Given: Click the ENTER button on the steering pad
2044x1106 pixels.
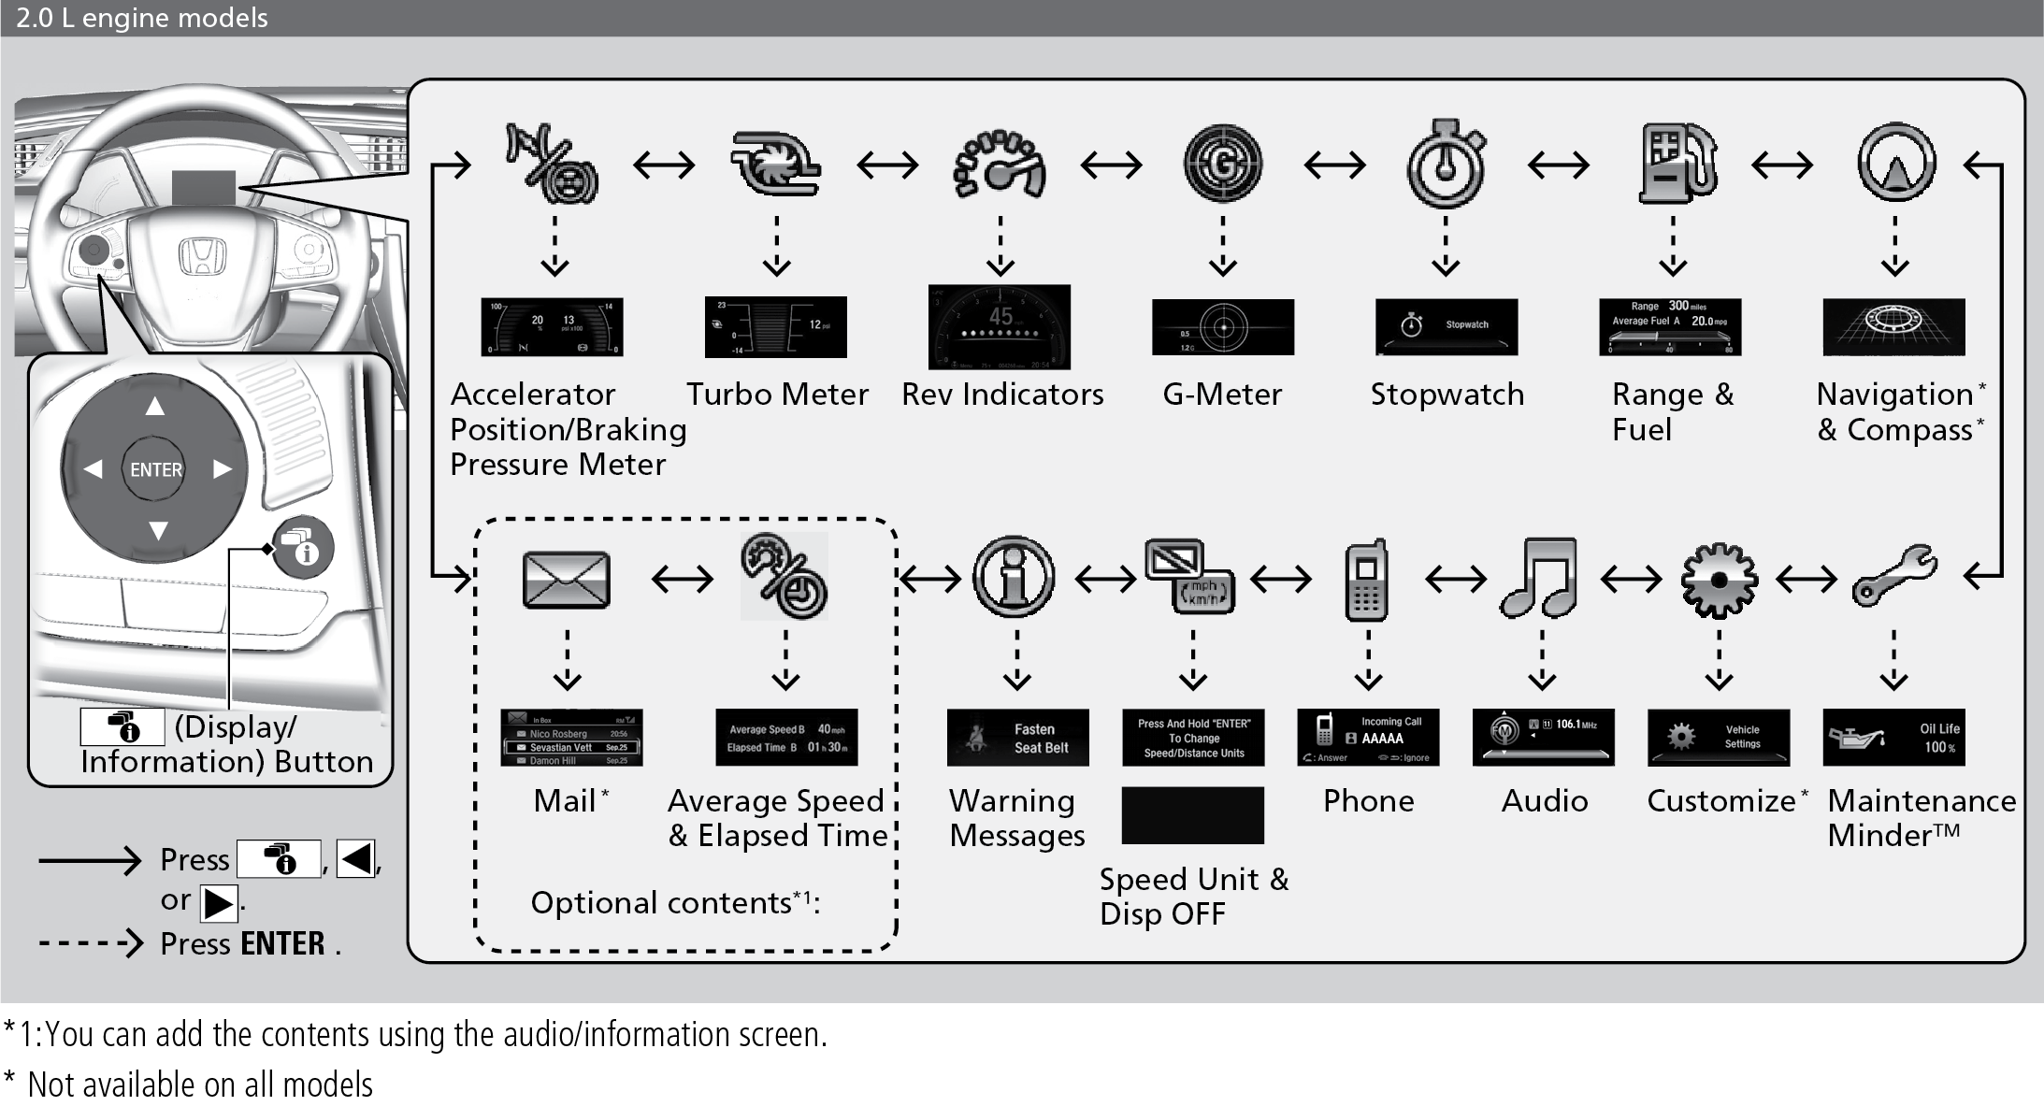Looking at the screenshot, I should click(x=155, y=469).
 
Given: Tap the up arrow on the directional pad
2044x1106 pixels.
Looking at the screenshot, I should click(x=155, y=406).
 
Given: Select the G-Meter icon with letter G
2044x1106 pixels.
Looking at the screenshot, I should click(x=1222, y=165).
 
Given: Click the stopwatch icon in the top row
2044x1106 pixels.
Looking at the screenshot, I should click(x=1446, y=165).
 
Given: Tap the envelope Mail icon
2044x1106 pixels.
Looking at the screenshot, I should click(x=567, y=580).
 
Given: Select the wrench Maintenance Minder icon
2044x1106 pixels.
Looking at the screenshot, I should click(x=1894, y=576).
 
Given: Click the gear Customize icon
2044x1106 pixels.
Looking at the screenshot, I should click(x=1719, y=580).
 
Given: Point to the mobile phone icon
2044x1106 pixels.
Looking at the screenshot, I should click(x=1366, y=580).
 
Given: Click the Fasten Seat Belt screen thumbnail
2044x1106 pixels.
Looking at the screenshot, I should click(x=1017, y=738).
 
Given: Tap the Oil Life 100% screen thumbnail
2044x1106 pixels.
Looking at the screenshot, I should click(x=1893, y=738).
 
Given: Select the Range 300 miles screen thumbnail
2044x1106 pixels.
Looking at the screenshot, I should click(x=1670, y=326).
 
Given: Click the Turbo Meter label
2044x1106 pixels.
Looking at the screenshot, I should click(x=777, y=395).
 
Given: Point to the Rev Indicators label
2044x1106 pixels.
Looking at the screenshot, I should click(x=1002, y=395).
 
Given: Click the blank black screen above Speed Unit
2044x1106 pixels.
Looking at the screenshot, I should click(x=1192, y=815).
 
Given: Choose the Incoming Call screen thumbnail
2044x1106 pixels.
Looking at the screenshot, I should click(x=1368, y=738).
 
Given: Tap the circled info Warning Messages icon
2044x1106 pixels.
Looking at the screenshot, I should click(x=1014, y=578).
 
